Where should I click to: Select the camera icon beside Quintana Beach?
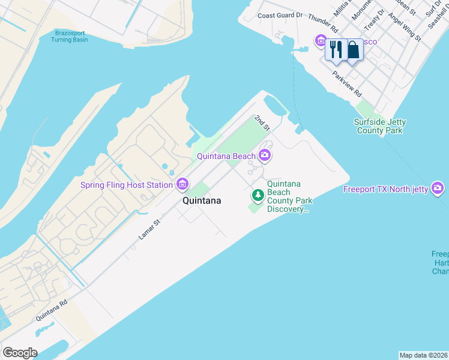[x=265, y=156]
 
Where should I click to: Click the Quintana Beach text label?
[x=227, y=157]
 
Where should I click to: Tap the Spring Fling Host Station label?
[x=127, y=185]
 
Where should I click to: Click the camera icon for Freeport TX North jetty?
[x=438, y=189]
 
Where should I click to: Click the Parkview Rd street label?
[x=348, y=85]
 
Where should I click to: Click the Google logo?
[x=20, y=353]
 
